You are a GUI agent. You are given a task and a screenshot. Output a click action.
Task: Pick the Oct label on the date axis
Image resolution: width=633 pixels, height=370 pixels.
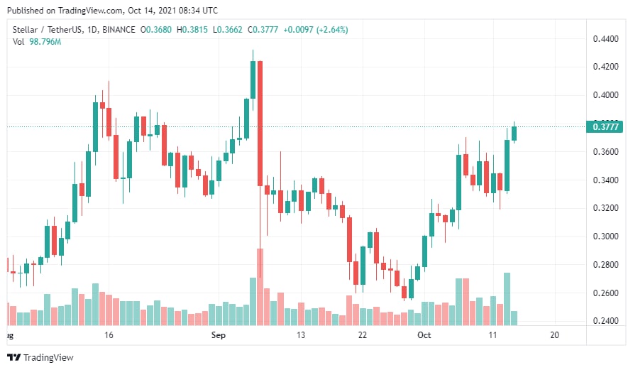pyautogui.click(x=424, y=334)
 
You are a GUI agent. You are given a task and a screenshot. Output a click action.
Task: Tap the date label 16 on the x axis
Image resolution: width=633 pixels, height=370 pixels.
pyautogui.click(x=109, y=334)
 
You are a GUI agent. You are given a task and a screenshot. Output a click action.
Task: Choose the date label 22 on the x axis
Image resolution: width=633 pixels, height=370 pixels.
pyautogui.click(x=362, y=334)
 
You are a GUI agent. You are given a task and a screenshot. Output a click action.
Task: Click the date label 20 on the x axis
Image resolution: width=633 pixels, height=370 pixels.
pyautogui.click(x=554, y=334)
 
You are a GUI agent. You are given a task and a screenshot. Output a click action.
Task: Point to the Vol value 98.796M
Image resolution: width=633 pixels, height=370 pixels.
pyautogui.click(x=44, y=42)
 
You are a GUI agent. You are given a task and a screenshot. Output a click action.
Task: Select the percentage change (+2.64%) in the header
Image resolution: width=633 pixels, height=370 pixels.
pyautogui.click(x=331, y=30)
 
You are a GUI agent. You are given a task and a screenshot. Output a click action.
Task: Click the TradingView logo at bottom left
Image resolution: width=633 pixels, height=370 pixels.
pyautogui.click(x=40, y=357)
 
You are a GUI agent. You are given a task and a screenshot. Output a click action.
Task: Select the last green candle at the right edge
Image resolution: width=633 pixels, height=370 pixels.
pyautogui.click(x=514, y=133)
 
